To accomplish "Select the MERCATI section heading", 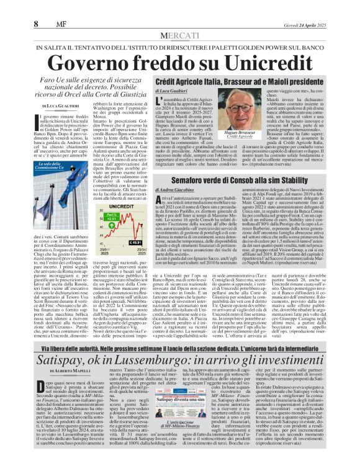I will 179,36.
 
